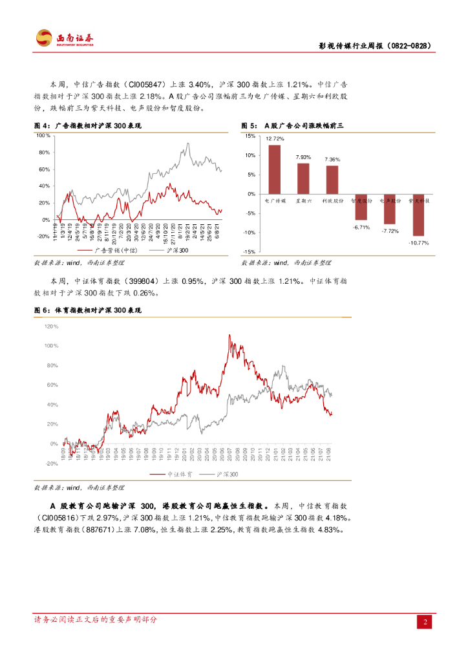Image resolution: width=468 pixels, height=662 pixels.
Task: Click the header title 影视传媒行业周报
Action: tap(375, 47)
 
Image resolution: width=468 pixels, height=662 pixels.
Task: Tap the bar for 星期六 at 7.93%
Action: tap(303, 178)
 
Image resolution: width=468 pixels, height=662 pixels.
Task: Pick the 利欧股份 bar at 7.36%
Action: tap(332, 180)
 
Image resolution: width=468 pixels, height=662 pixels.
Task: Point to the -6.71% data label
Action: tap(361, 227)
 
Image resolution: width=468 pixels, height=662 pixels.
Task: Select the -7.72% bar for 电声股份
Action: tap(390, 209)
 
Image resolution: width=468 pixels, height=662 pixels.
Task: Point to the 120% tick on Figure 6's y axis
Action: tap(51, 326)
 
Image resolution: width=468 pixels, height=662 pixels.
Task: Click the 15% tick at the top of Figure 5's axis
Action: tap(250, 136)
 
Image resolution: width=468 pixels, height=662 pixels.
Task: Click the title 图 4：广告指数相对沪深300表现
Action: tap(87, 125)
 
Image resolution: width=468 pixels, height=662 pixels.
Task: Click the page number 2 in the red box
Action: tap(425, 623)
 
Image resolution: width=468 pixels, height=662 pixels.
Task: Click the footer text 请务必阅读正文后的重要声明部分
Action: tap(96, 619)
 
